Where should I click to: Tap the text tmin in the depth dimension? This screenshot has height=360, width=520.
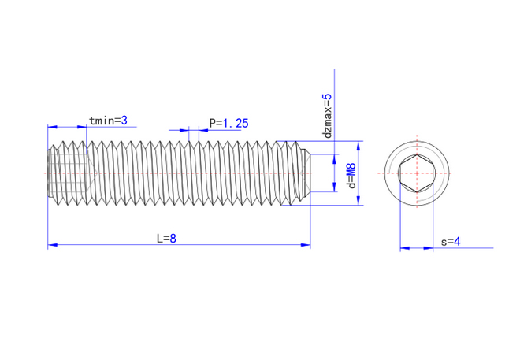click(101, 121)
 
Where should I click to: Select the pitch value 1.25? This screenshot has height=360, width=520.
click(235, 123)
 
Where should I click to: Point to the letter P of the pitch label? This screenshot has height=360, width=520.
click(212, 123)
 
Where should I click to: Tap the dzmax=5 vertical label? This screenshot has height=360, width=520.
click(329, 116)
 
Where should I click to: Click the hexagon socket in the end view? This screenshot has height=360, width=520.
click(415, 173)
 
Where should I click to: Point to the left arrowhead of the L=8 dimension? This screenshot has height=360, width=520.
click(53, 246)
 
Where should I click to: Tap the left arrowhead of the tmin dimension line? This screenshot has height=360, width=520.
click(53, 127)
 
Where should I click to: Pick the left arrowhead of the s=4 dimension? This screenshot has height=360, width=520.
click(404, 248)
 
